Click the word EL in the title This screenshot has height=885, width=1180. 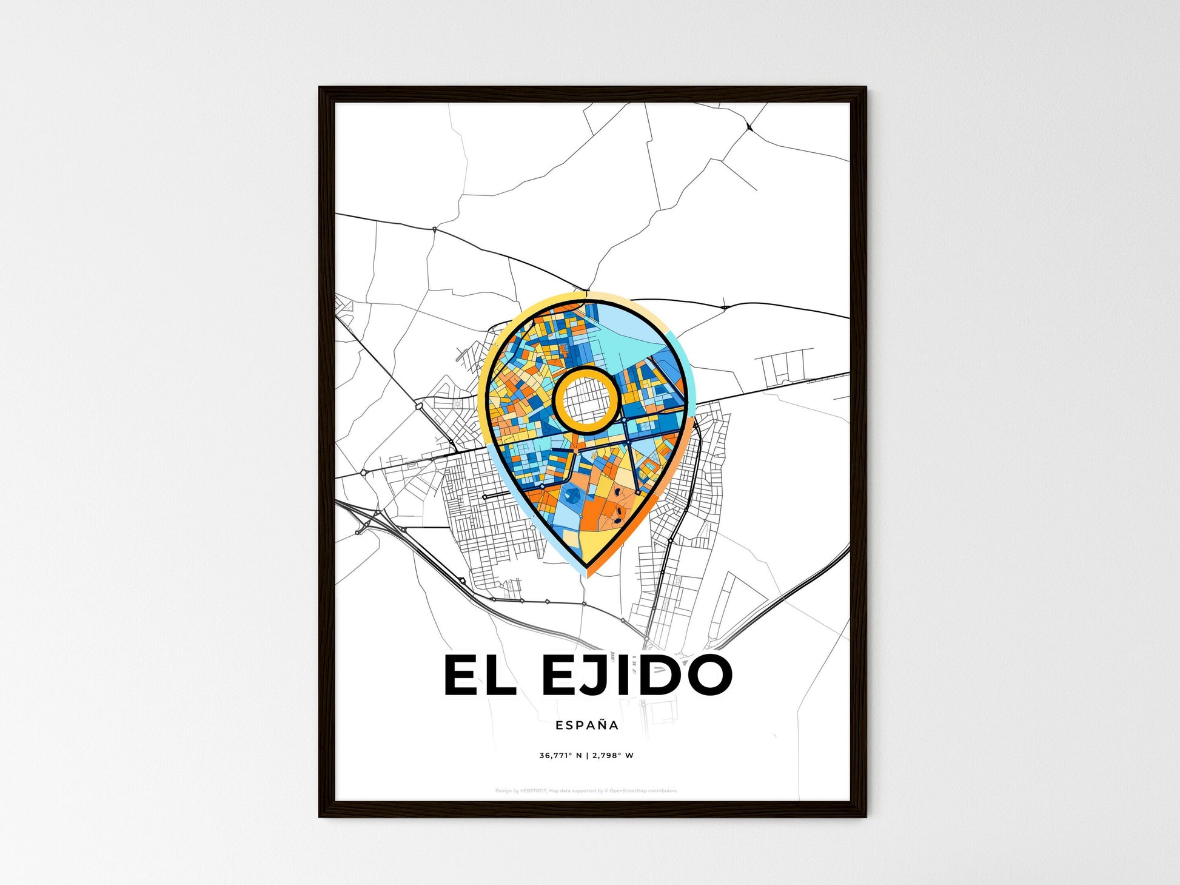point(480,675)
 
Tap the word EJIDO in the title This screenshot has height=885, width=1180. point(636,675)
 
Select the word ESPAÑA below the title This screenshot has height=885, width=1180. point(587,725)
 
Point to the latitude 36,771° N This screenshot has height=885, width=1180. point(560,755)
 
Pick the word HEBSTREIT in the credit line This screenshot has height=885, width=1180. point(533,790)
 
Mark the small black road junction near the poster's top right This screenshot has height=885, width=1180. point(750,127)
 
